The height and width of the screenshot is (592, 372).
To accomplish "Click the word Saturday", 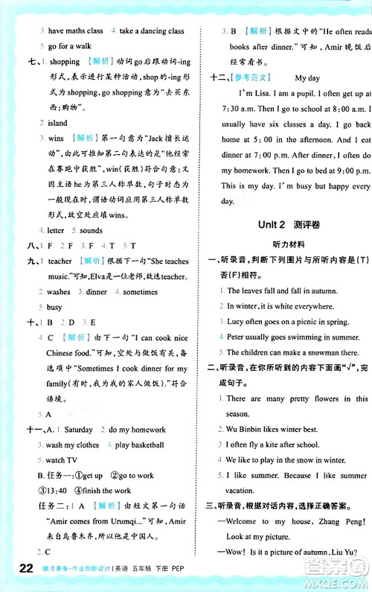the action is (x=78, y=430).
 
